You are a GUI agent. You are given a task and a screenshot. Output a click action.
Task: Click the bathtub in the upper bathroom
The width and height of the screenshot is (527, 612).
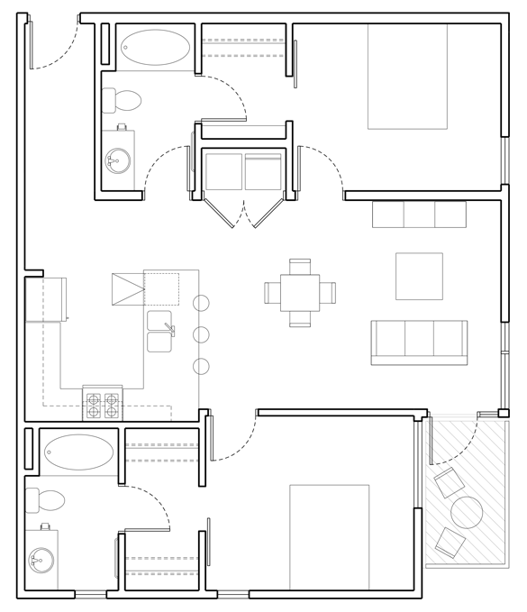click(x=155, y=48)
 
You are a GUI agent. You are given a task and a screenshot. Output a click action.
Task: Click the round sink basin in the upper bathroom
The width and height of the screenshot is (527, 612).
click(x=118, y=161)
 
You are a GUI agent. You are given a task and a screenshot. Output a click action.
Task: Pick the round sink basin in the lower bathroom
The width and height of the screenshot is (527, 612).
click(x=41, y=561)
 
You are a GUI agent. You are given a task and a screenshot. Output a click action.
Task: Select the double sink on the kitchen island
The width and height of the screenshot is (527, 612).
click(x=159, y=331)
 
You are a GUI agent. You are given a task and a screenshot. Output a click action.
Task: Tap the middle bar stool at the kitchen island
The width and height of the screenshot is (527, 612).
click(x=201, y=334)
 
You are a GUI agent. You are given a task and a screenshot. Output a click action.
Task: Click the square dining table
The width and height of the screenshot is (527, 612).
click(x=300, y=293)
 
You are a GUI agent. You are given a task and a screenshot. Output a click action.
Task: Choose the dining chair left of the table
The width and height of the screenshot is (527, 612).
click(x=272, y=293)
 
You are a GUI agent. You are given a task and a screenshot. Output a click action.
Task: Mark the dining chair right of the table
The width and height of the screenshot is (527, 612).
click(x=328, y=293)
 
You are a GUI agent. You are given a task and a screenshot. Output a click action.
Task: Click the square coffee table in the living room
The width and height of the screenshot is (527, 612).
click(x=419, y=277)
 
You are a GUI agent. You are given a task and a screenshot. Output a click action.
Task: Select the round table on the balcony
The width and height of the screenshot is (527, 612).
click(x=467, y=513)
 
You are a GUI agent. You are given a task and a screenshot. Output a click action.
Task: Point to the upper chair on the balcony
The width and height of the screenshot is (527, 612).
click(x=448, y=482)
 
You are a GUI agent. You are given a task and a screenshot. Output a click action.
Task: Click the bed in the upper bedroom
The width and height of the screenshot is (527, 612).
click(x=407, y=76)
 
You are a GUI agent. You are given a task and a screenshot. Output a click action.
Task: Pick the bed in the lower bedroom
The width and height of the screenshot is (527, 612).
click(x=329, y=535)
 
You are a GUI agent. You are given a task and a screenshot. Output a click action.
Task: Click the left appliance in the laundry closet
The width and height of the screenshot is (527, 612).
click(x=223, y=171)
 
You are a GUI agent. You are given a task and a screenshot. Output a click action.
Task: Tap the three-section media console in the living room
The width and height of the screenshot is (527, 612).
click(x=419, y=215)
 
